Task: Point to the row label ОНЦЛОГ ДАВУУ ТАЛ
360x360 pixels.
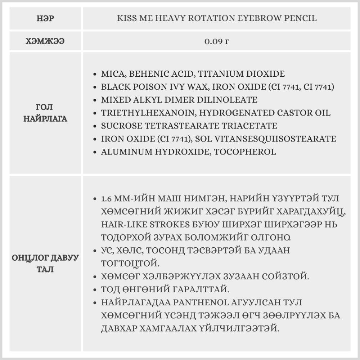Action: tap(45, 264)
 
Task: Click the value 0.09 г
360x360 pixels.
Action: tap(217, 41)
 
